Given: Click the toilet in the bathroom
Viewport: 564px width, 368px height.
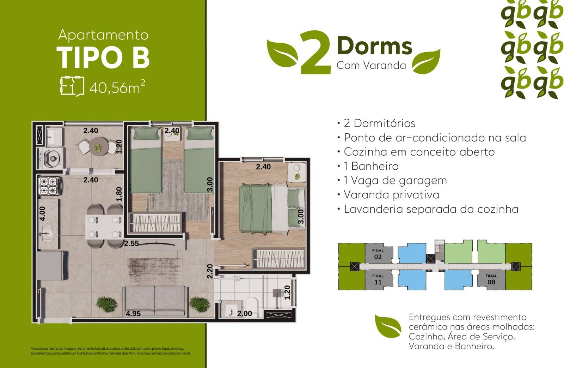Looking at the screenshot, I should click(x=252, y=306).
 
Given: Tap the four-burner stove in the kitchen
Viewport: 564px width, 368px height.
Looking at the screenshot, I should click(x=48, y=186).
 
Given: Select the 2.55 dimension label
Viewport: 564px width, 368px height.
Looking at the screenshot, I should click(x=131, y=243).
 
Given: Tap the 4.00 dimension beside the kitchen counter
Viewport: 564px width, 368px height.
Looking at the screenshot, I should click(x=42, y=213).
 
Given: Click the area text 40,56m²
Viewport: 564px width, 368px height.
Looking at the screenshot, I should click(x=117, y=87).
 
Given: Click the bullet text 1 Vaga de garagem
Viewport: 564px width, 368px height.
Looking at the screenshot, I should click(x=395, y=180).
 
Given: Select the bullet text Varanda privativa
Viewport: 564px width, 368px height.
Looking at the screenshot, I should click(x=391, y=195).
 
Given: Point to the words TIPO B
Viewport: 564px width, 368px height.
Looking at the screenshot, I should click(x=103, y=57).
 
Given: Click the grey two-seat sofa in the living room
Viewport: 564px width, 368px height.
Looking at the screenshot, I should click(x=155, y=301).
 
